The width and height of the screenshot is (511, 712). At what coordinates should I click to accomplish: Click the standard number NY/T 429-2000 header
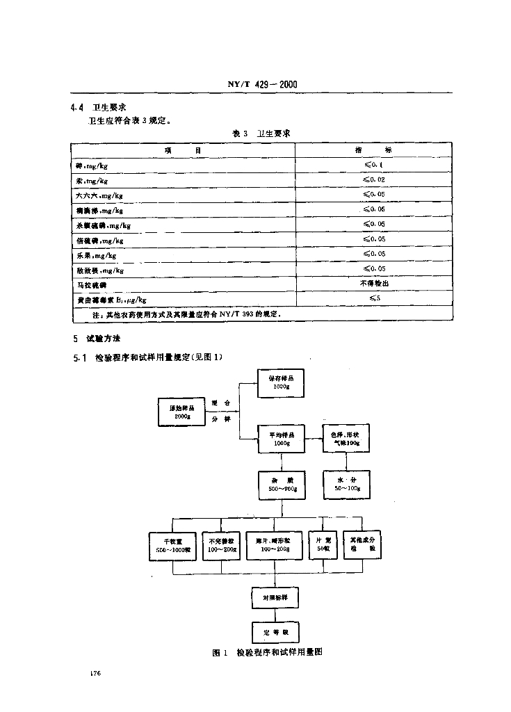(x=263, y=85)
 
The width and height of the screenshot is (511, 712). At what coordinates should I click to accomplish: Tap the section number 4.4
(x=77, y=108)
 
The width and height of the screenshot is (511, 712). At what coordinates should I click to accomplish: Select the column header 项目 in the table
(x=183, y=150)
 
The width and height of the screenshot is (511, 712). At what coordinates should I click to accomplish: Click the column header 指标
(x=373, y=150)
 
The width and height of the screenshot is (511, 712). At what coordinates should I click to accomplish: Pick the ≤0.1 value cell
(x=373, y=165)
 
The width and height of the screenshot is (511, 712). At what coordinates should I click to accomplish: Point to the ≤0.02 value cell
(x=373, y=179)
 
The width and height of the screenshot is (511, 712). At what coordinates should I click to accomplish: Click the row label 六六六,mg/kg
(x=99, y=195)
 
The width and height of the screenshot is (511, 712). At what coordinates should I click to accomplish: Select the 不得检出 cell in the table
(x=373, y=284)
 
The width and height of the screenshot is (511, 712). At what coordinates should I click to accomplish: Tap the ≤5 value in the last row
(x=373, y=298)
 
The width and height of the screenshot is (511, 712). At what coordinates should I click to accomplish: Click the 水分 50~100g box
(x=346, y=485)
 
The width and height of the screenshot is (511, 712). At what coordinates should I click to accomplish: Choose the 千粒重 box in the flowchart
(x=173, y=544)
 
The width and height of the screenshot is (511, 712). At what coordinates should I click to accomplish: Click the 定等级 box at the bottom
(x=275, y=632)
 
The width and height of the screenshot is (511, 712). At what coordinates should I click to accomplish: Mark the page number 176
(x=96, y=674)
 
